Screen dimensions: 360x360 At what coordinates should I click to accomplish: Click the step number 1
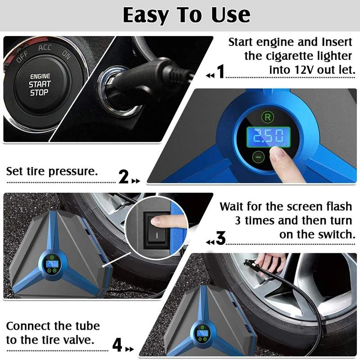(x=220, y=72)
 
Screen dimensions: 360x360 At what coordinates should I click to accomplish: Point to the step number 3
(x=220, y=239)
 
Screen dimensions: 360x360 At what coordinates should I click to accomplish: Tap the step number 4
(x=117, y=345)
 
